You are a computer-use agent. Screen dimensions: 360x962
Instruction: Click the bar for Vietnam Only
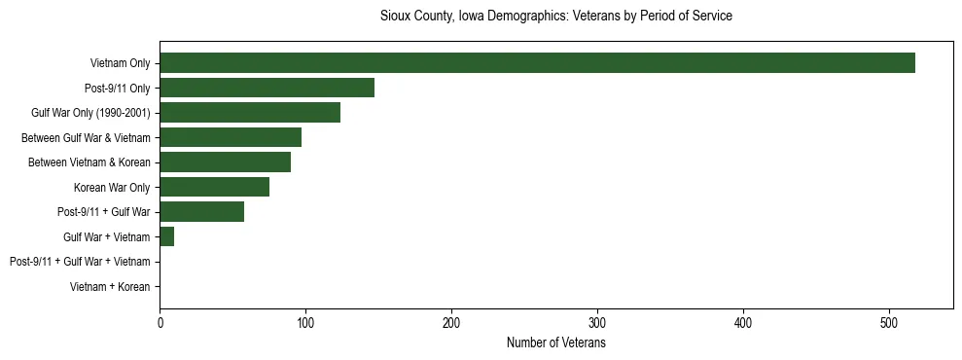click(x=537, y=63)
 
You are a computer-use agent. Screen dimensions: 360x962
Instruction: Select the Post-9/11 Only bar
click(x=267, y=89)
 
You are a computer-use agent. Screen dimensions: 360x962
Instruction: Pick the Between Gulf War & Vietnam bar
click(x=231, y=137)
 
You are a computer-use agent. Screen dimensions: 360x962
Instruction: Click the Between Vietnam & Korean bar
click(x=225, y=162)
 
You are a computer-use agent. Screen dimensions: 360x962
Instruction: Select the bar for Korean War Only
click(x=214, y=187)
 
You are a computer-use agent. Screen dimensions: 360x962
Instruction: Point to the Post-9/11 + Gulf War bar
click(x=201, y=212)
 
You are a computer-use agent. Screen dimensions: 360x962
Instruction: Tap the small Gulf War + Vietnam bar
click(x=166, y=236)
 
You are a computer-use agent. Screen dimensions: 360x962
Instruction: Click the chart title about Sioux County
click(x=555, y=17)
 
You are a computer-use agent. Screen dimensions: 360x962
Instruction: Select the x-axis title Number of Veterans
click(x=555, y=343)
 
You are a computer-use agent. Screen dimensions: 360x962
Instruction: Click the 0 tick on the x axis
click(x=160, y=324)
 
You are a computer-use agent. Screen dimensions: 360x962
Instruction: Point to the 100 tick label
click(x=305, y=324)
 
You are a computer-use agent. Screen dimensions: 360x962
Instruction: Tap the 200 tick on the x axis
click(x=451, y=324)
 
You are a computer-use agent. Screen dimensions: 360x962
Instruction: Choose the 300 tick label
click(x=597, y=324)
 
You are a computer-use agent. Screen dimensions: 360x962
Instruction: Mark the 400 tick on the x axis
click(x=743, y=324)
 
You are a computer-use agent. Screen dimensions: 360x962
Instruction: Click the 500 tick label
click(x=889, y=324)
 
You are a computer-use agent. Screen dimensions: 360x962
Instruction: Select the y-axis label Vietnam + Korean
click(x=110, y=287)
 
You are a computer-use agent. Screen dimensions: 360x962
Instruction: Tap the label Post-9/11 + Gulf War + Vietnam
click(x=80, y=262)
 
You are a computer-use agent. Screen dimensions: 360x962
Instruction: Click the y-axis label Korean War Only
click(x=112, y=187)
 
